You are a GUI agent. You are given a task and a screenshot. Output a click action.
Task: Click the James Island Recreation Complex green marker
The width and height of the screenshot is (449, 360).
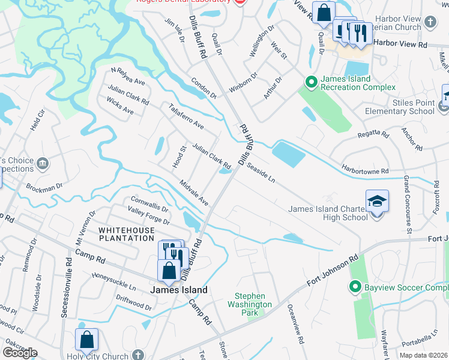click(x=311, y=81)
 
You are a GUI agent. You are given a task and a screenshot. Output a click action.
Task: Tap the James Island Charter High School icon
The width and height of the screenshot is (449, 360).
click(x=376, y=202)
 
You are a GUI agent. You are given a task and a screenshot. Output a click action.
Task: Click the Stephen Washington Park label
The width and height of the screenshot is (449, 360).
click(x=253, y=304)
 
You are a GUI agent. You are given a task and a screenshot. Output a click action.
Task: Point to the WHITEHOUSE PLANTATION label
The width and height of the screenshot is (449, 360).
click(x=126, y=234)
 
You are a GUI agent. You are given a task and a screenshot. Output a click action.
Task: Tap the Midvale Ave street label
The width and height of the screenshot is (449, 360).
click(x=194, y=191)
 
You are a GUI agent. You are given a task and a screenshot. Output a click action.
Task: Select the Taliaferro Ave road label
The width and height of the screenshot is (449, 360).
click(x=186, y=117)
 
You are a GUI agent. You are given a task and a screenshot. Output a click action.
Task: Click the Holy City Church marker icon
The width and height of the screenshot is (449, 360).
click(x=139, y=355)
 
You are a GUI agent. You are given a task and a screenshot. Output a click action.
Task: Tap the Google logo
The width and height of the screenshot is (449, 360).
click(x=20, y=352)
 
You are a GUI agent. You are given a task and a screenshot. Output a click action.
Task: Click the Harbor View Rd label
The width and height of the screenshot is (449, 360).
click(x=400, y=44)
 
